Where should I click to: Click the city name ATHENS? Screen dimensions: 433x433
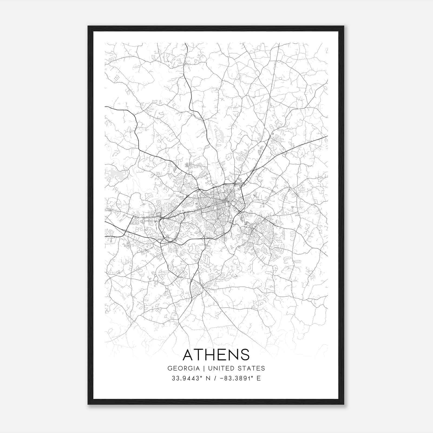coord(216,355)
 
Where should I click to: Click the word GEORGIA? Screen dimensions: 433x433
coord(183,368)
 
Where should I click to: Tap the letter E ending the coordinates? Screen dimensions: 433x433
coord(259,378)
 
